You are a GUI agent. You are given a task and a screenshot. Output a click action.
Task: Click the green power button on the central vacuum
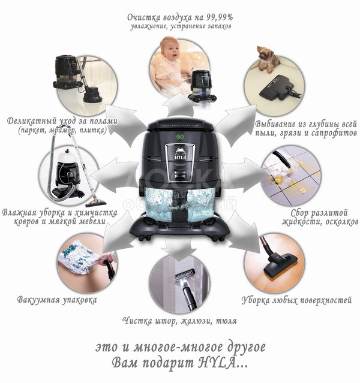tap(180, 136)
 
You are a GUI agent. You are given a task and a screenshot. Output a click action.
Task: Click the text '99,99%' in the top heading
tap(220, 17)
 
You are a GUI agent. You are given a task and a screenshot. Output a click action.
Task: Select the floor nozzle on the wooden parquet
tap(280, 265)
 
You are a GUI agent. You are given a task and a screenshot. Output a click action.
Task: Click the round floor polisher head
tap(92, 96)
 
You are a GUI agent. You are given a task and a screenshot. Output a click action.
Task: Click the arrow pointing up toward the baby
tap(180, 105)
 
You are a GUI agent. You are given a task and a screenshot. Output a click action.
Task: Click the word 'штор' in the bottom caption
tap(166, 321)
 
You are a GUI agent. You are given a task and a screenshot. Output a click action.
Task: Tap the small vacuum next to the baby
tap(202, 85)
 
